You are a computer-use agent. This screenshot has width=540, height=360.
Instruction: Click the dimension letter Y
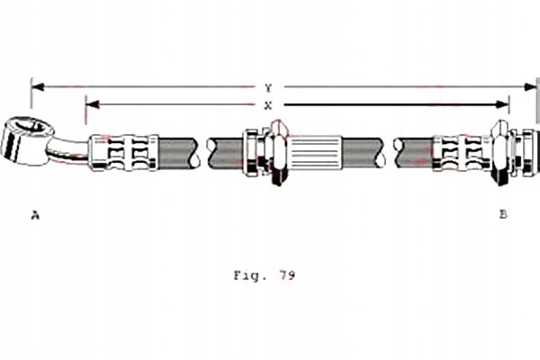[x=268, y=88]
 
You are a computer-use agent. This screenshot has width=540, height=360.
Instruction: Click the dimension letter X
[x=268, y=105]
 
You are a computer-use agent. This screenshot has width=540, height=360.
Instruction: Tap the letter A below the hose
[x=35, y=215]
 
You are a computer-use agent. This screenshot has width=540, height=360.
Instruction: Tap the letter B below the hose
[x=503, y=214]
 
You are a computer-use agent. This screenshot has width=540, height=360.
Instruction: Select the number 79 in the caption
[x=287, y=274]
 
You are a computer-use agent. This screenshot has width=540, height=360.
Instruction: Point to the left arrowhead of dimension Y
[x=38, y=86]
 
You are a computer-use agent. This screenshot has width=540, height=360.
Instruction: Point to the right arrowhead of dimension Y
[x=530, y=86]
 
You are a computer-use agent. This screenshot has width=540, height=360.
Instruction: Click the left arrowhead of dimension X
[x=93, y=104]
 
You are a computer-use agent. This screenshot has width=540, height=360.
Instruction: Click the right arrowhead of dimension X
[x=502, y=104]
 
